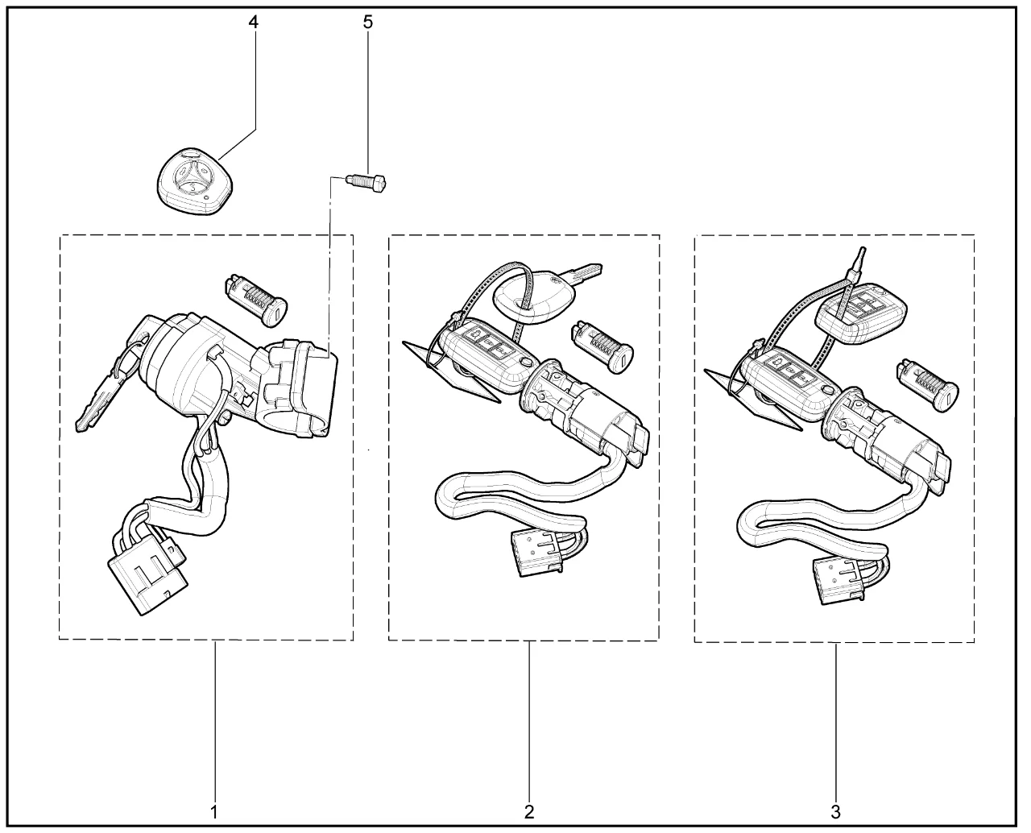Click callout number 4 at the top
tap(253, 23)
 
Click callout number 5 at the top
tap(368, 23)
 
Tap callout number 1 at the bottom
tap(214, 812)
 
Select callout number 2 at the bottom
tap(529, 812)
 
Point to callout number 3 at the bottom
tap(835, 812)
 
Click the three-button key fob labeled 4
tap(195, 181)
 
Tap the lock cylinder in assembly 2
tap(602, 346)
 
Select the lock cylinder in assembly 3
tap(927, 385)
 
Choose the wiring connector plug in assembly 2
tap(538, 553)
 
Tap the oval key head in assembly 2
tap(532, 300)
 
